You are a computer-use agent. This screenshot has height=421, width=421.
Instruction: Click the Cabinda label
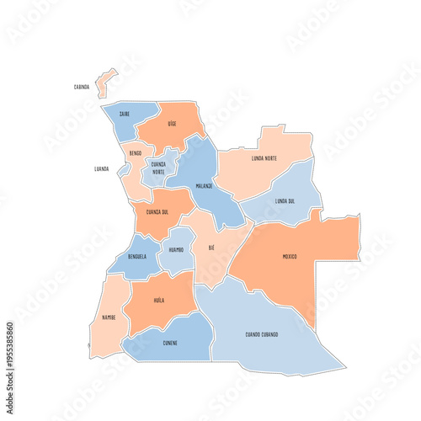[x=82, y=87]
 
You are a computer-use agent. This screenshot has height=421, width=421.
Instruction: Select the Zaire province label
[x=124, y=114]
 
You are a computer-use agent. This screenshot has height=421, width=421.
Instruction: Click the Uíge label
[x=172, y=123]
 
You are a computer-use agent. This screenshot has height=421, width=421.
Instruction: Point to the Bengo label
[x=135, y=154]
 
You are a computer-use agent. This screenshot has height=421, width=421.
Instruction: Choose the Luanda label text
[x=102, y=168]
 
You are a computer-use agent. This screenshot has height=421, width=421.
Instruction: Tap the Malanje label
[x=204, y=185]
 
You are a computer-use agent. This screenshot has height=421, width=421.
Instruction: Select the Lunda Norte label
[x=264, y=158]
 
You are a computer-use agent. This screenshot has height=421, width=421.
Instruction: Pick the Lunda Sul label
[x=285, y=201]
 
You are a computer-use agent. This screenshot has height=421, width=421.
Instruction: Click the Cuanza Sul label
[x=159, y=212]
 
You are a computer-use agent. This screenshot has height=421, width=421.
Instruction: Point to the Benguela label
[x=137, y=256]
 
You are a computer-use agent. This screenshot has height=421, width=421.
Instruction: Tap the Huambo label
[x=176, y=250]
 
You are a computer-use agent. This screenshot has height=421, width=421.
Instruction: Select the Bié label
[x=211, y=248]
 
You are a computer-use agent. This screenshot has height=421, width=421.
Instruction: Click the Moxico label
[x=290, y=256]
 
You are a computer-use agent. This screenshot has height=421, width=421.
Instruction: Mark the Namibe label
[x=109, y=317]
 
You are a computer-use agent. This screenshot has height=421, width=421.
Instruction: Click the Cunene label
[x=169, y=344]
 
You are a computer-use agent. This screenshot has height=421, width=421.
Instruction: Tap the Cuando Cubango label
[x=262, y=334]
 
